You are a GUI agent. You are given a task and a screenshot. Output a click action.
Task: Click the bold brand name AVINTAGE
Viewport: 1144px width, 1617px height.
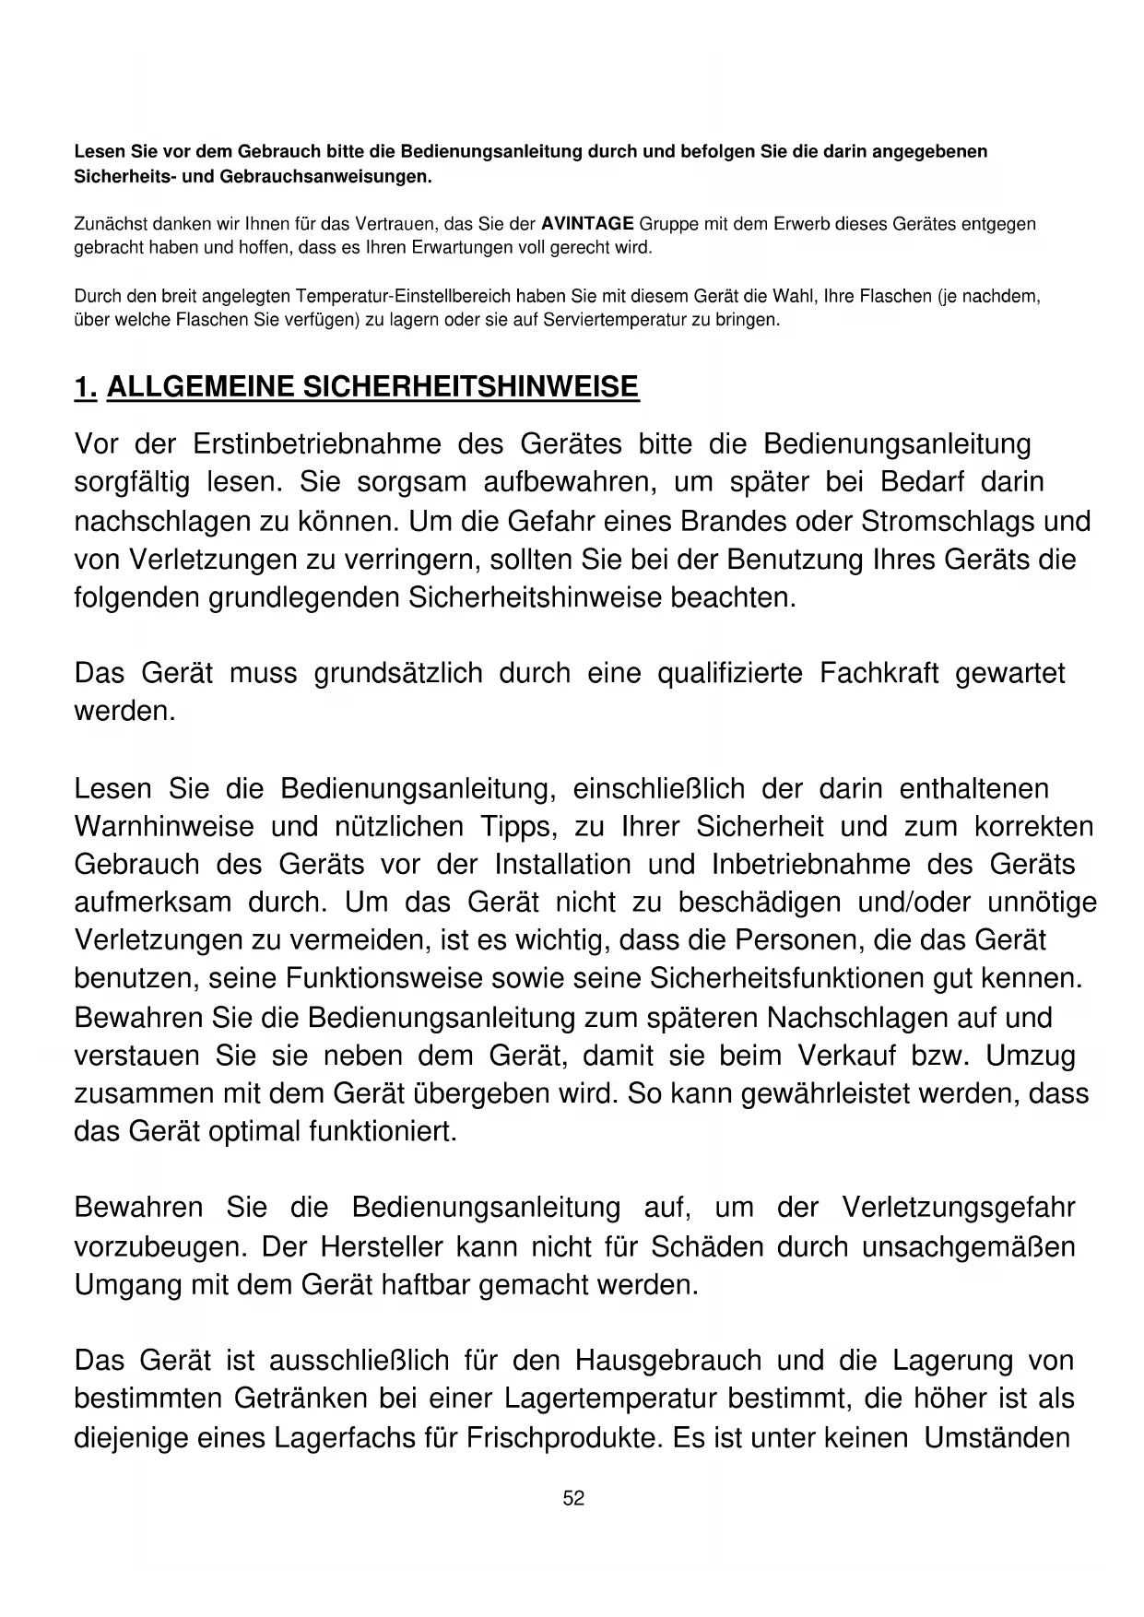click(587, 224)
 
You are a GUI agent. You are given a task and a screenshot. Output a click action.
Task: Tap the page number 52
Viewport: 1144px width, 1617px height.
click(573, 1499)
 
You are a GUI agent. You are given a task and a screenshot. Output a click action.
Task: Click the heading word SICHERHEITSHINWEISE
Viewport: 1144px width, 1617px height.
click(470, 387)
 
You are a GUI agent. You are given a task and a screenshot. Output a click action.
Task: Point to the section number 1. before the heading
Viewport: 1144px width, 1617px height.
click(85, 387)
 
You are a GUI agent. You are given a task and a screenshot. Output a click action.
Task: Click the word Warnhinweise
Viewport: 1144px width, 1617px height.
click(164, 826)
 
